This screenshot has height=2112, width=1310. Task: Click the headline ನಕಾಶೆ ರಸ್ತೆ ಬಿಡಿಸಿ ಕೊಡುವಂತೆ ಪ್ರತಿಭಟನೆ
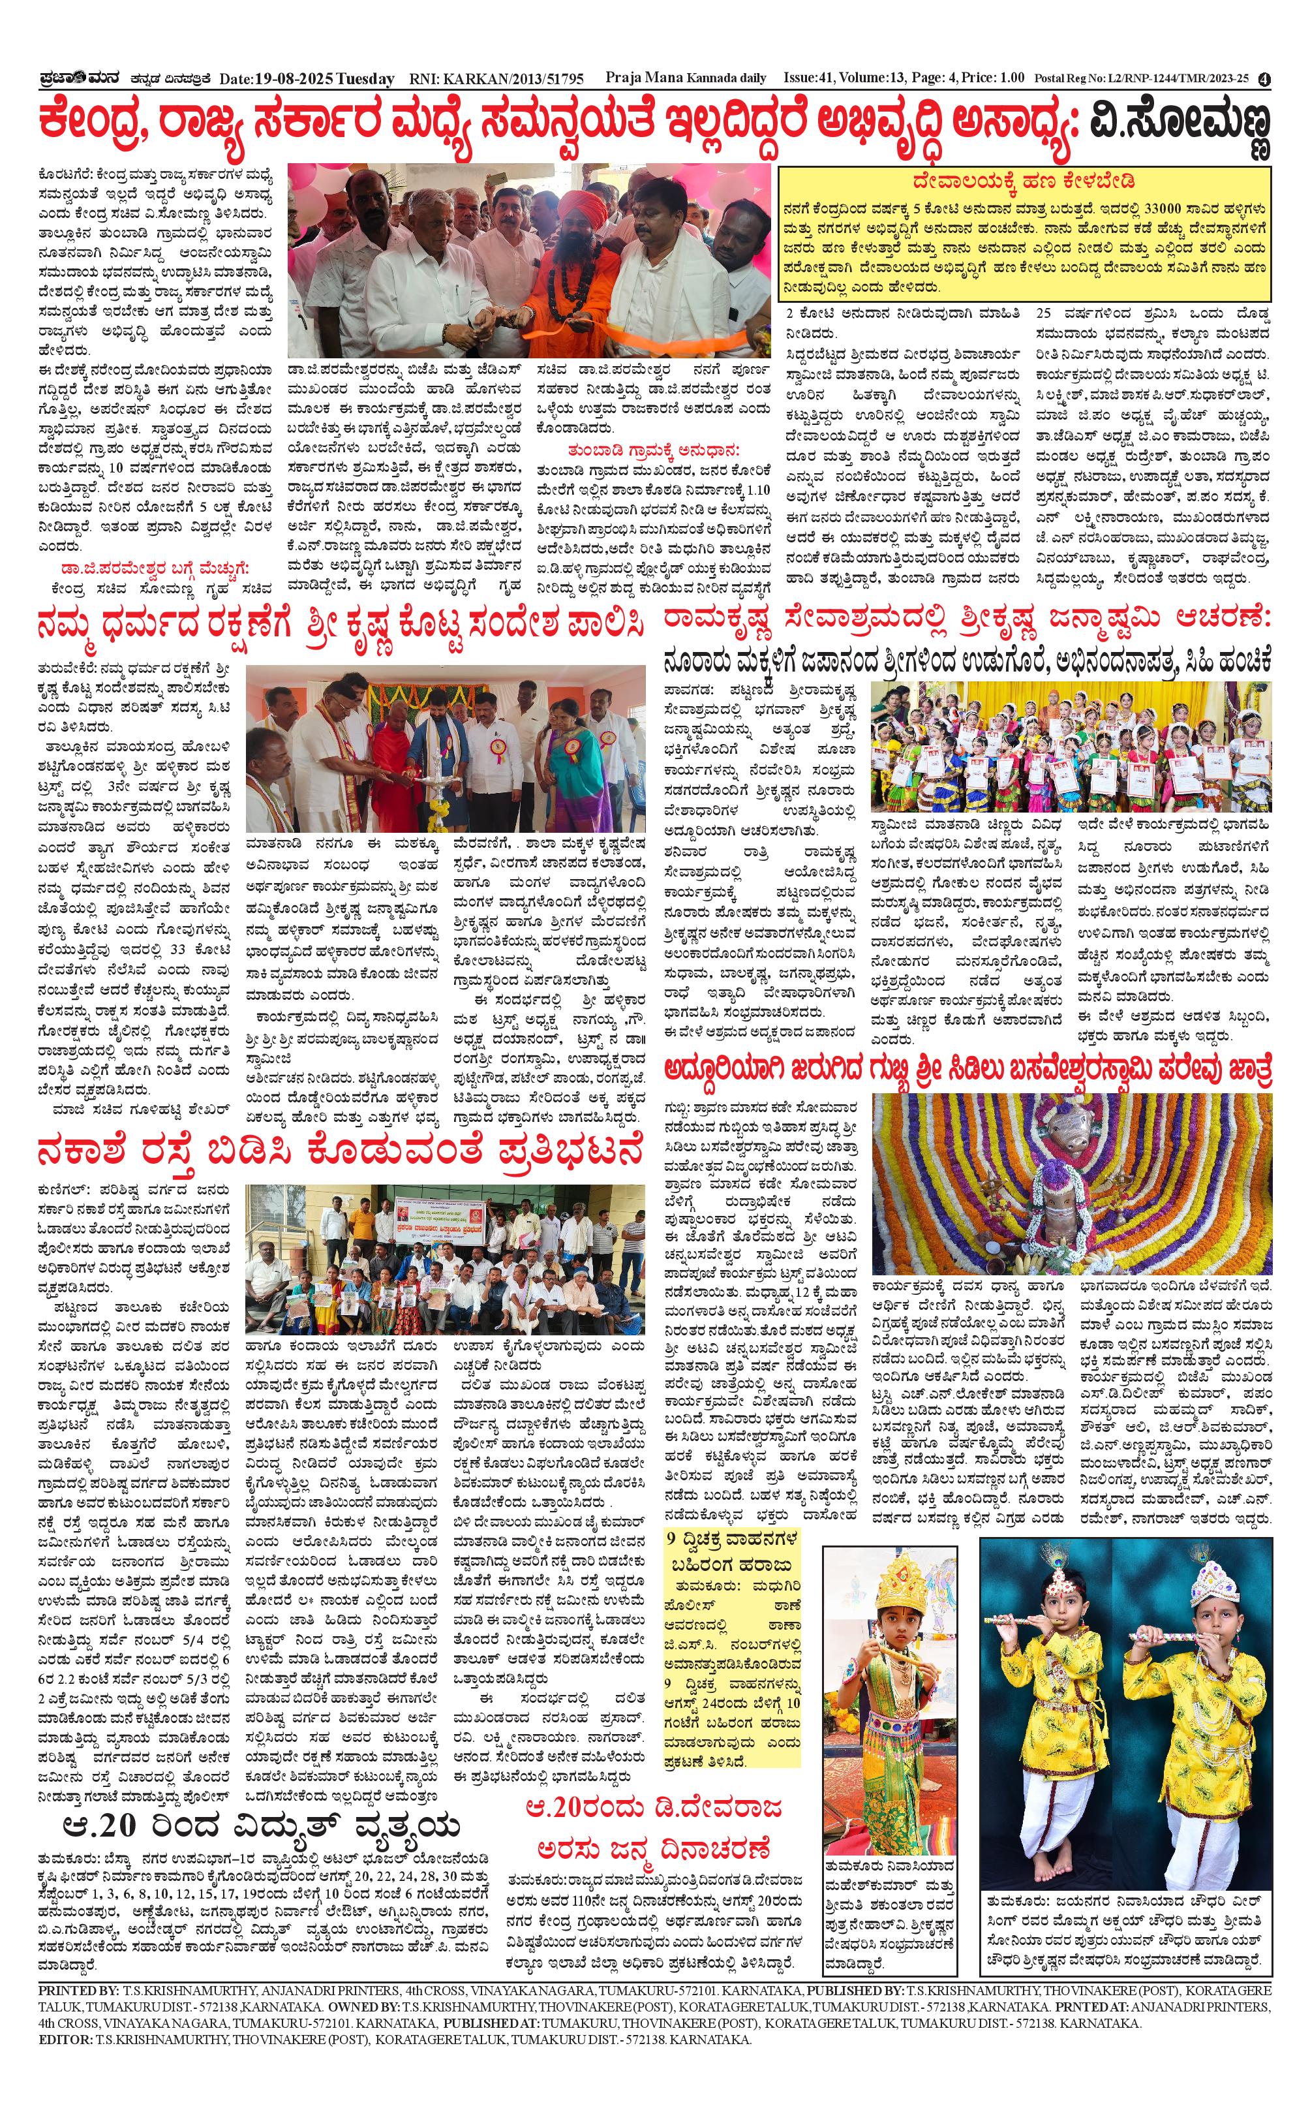pyautogui.click(x=340, y=1153)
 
